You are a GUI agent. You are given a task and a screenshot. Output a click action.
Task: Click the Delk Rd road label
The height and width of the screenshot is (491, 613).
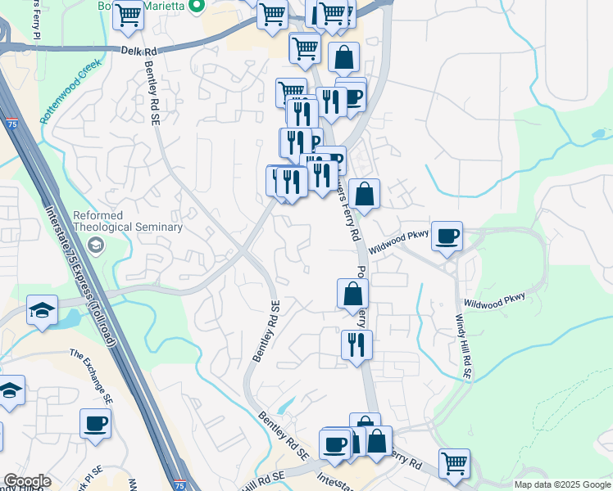(139, 51)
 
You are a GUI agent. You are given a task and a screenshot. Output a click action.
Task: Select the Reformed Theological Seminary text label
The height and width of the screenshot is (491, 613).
(127, 221)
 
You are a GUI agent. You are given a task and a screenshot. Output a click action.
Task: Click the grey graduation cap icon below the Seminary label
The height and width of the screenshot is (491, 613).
(98, 245)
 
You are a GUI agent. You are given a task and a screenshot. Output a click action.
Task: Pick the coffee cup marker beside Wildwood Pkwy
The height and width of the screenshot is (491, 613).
(447, 236)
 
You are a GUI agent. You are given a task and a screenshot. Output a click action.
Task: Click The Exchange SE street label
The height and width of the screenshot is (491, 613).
(90, 377)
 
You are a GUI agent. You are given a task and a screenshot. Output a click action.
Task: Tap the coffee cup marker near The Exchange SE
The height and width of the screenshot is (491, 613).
(95, 424)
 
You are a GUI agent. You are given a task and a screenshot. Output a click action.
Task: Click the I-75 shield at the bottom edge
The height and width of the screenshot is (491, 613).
(179, 484)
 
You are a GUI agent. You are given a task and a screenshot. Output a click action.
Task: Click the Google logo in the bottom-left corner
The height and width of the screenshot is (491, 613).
(27, 481)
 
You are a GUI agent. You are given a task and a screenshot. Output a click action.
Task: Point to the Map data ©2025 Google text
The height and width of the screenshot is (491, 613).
(562, 484)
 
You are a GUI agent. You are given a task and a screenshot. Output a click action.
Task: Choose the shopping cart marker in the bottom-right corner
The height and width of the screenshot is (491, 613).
(454, 463)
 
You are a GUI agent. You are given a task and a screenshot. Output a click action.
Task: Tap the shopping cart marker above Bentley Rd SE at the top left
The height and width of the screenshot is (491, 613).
(128, 15)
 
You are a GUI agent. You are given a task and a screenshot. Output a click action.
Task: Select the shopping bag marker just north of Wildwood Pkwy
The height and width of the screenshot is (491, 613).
(365, 195)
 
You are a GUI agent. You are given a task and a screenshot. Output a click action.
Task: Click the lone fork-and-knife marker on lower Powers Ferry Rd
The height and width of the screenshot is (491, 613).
(356, 344)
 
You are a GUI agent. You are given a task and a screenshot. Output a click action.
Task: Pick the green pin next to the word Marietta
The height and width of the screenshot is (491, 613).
(196, 7)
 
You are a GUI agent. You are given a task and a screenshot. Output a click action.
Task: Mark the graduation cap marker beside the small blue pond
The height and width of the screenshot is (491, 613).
(42, 309)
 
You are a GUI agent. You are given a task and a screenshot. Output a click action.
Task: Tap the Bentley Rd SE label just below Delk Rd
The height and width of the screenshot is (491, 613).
(152, 94)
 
